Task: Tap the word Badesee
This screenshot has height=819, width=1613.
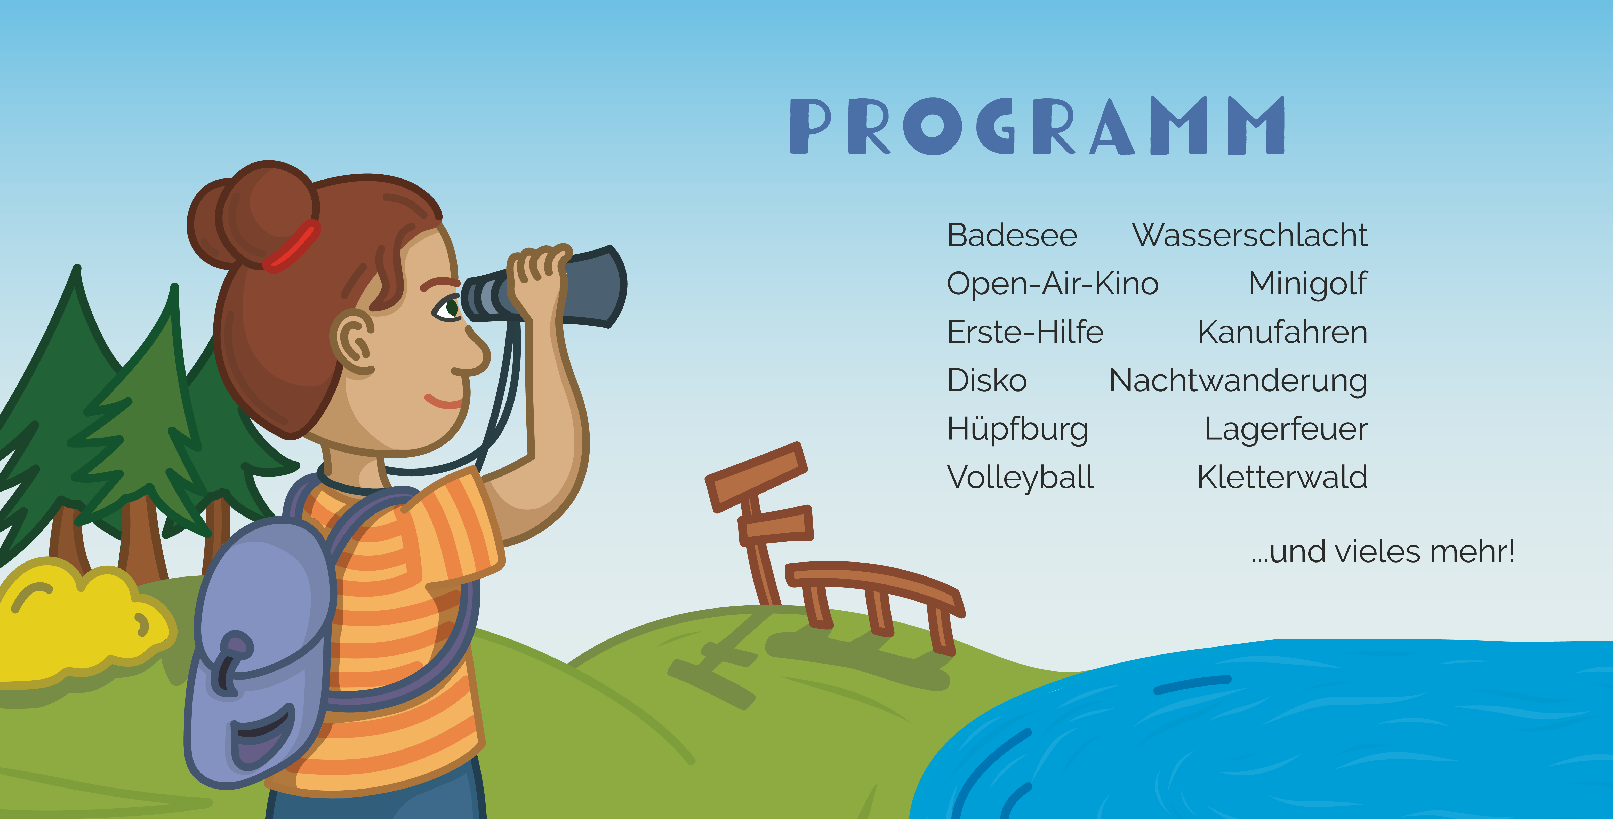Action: (x=1012, y=236)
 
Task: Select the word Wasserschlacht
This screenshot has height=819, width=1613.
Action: (x=1250, y=236)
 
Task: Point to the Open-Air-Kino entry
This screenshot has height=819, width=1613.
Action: (x=1053, y=284)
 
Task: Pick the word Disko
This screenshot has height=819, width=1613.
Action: (x=987, y=380)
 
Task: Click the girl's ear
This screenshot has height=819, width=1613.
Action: (x=352, y=341)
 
